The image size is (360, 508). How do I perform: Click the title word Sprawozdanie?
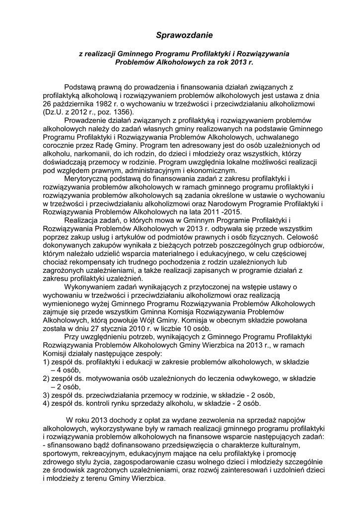[184, 35]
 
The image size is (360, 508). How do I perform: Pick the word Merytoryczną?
[88, 179]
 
